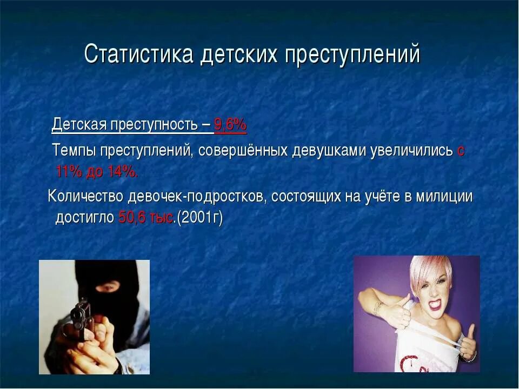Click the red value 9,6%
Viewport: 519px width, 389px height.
click(230, 125)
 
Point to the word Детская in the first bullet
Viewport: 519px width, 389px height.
click(79, 125)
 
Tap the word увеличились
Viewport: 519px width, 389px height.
click(411, 151)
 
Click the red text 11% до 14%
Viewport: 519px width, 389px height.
click(97, 172)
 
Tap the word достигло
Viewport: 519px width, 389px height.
click(85, 218)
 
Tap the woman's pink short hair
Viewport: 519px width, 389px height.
click(427, 270)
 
